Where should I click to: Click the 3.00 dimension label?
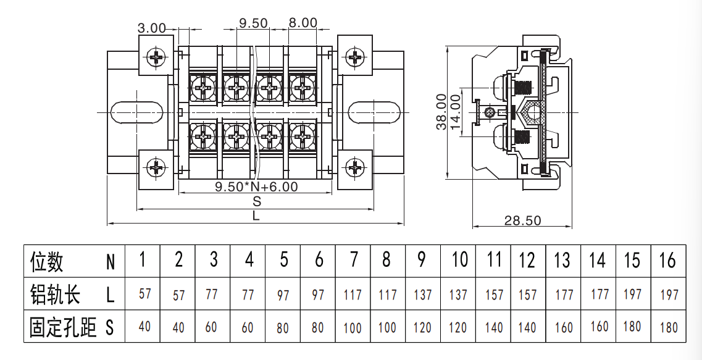[151, 28]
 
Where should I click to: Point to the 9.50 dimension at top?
[253, 23]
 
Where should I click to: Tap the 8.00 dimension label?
[303, 22]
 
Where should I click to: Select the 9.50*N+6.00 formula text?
[256, 186]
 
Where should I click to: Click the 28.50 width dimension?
[522, 220]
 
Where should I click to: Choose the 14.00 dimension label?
[455, 112]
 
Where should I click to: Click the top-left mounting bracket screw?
[156, 57]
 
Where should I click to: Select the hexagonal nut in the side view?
[532, 112]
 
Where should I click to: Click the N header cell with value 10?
[459, 260]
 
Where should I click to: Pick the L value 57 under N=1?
[144, 294]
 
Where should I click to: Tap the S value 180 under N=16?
[669, 327]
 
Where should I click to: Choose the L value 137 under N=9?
[422, 295]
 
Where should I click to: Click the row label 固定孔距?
[63, 327]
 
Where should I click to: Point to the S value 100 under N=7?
[353, 328]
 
